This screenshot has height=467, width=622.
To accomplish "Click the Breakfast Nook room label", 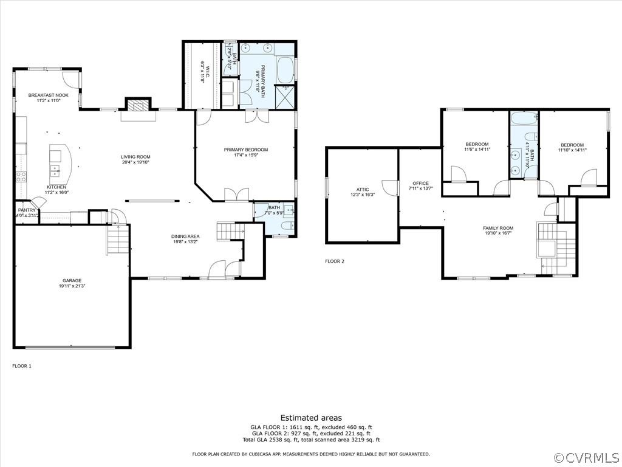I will coord(49,95).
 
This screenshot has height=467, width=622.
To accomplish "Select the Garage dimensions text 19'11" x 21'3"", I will coord(72,286).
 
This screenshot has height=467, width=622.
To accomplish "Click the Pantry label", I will coord(27,210).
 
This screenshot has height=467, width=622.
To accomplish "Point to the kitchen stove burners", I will coord(21,177).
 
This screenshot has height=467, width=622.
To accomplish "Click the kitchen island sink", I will coord(55,168).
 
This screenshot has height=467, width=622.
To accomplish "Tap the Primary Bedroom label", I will coord(245,150).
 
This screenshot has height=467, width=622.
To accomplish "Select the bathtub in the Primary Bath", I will coord(285,69).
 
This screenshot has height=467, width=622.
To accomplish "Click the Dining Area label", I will coord(186,237).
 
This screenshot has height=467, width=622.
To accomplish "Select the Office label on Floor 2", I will coord(420,183).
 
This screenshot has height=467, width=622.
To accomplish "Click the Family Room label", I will coord(498,228).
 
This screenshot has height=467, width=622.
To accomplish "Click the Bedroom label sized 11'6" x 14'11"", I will coord(477,144).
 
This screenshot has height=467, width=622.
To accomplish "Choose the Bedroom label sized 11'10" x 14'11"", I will coord(572,145).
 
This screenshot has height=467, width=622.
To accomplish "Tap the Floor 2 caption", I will coord(335,261).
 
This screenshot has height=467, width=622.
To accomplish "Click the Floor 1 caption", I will coord(22,366).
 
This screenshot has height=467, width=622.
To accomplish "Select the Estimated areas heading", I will coord(310,418).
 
